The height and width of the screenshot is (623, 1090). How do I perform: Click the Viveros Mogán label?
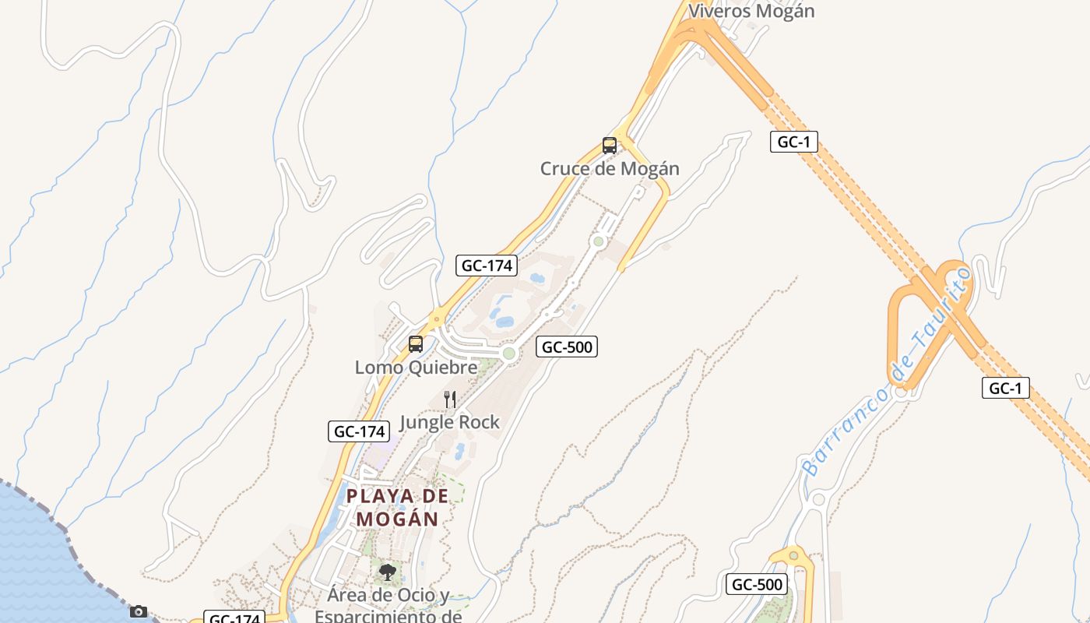click(x=751, y=11)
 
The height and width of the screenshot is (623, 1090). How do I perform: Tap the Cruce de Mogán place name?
click(x=610, y=168)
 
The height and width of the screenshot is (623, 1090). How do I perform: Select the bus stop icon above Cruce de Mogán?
click(x=610, y=145)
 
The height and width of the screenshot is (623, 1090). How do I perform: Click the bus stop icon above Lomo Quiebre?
click(x=416, y=343)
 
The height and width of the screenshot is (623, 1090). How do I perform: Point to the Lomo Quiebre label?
click(x=416, y=367)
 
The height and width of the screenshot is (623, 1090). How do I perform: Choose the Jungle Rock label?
click(x=449, y=422)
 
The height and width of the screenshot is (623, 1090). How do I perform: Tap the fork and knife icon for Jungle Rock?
click(x=450, y=399)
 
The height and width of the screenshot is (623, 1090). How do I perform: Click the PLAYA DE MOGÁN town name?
click(x=398, y=507)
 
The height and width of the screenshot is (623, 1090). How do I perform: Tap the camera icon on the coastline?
click(x=139, y=611)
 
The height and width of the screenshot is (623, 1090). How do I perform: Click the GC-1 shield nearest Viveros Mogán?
click(x=793, y=142)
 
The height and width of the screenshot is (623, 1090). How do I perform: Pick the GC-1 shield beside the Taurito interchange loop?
click(x=1005, y=387)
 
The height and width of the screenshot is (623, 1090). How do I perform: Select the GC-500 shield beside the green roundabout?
click(x=566, y=347)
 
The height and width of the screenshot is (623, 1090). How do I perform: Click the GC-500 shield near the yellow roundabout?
click(x=757, y=584)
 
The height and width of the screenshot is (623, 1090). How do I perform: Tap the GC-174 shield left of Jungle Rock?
click(x=358, y=431)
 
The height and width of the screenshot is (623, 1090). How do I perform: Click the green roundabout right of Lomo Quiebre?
click(x=509, y=354)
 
